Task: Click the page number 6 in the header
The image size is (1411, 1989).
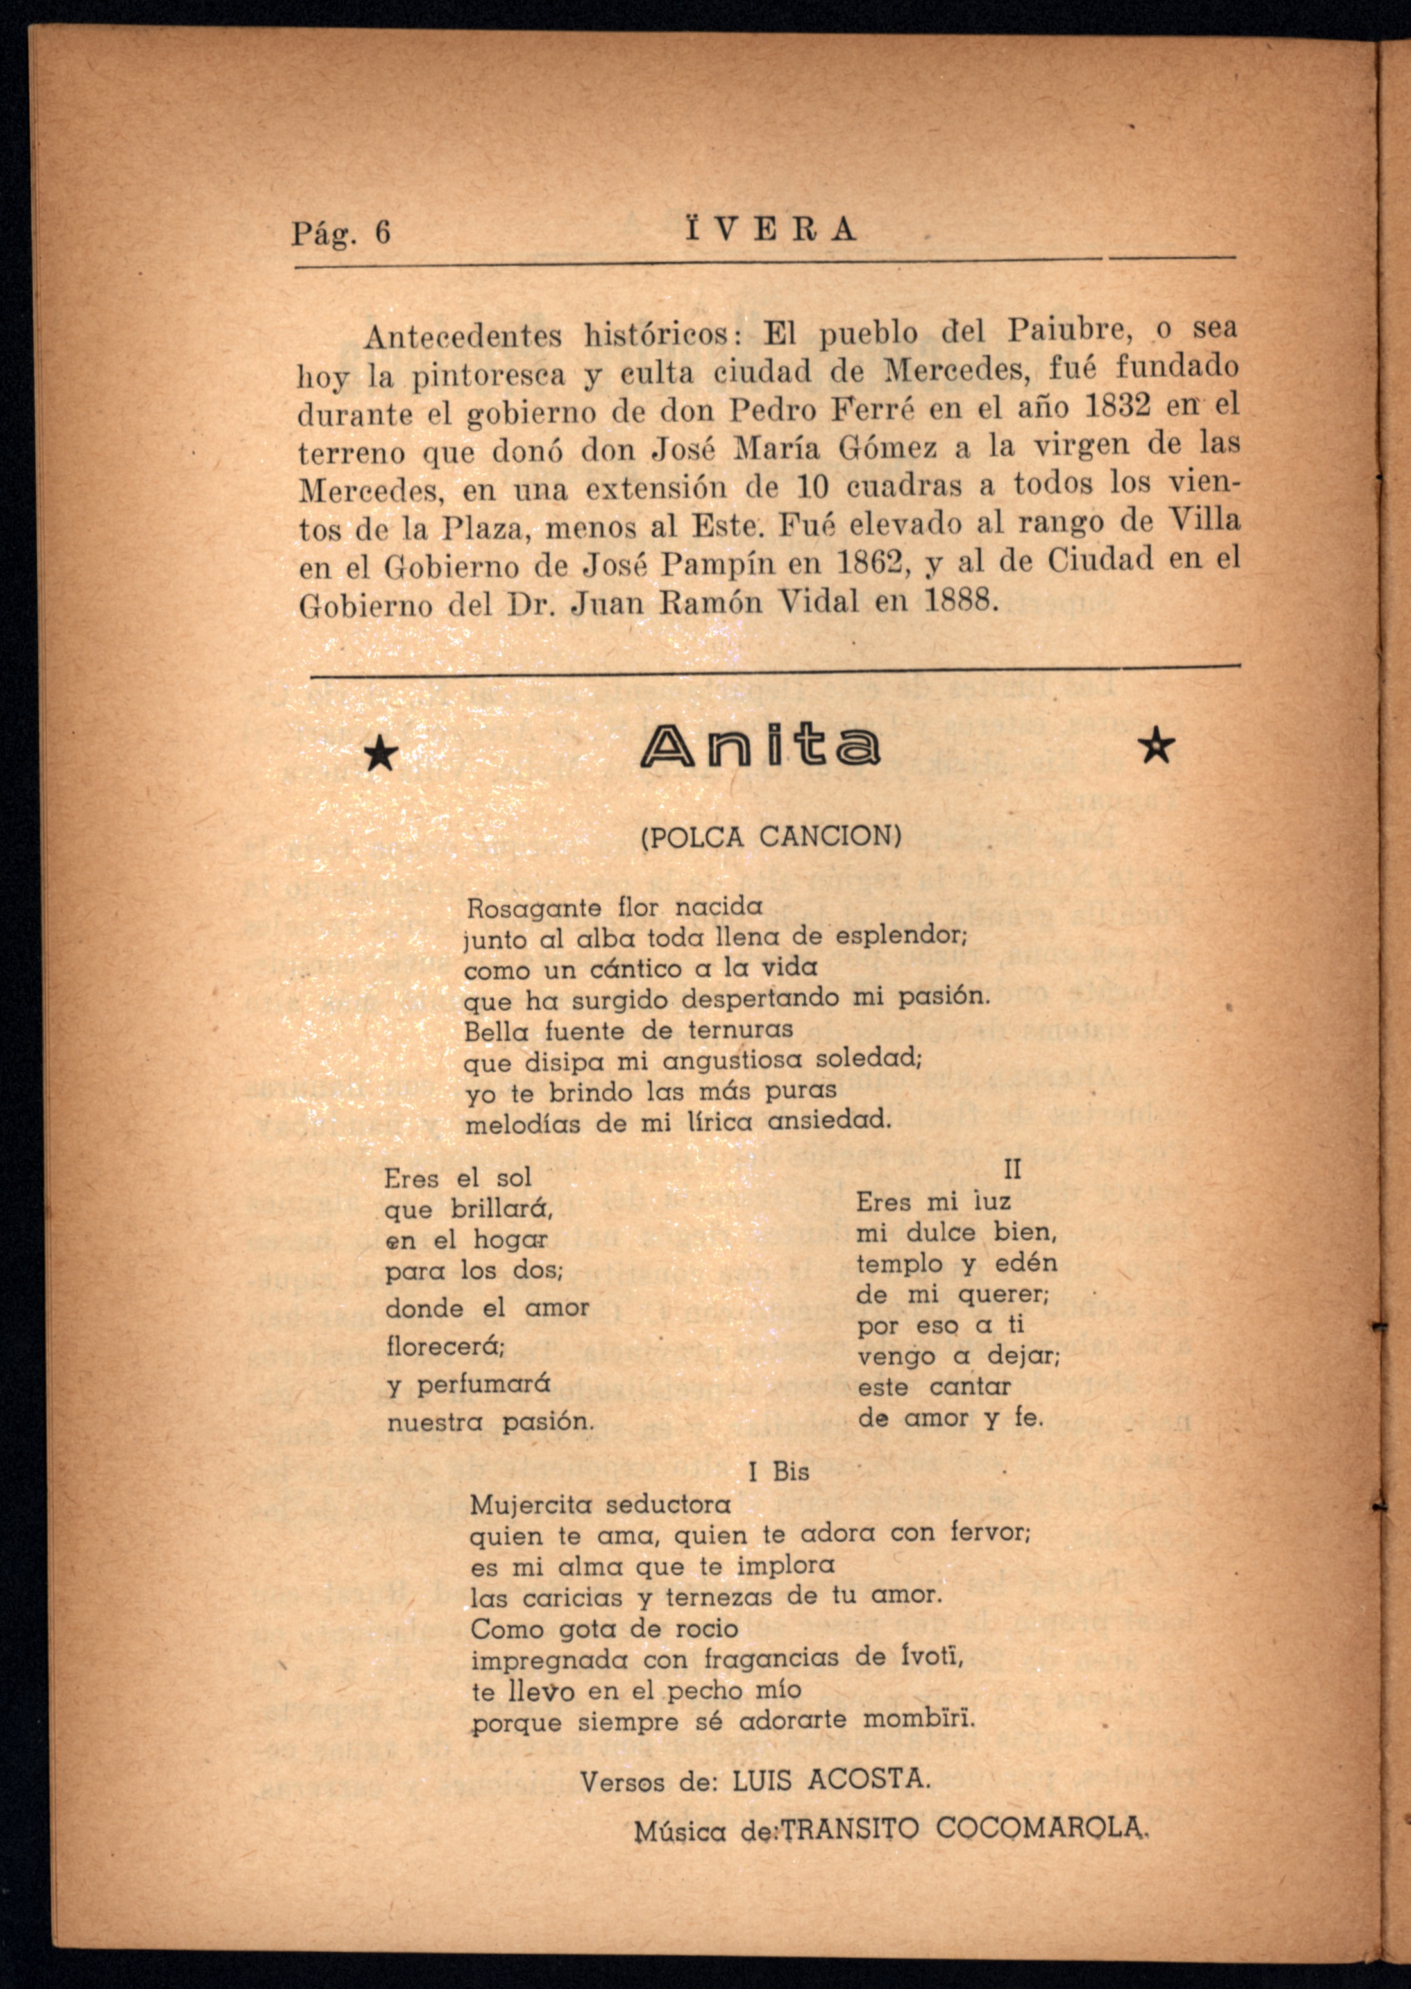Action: [382, 232]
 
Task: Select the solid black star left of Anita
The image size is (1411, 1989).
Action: [380, 755]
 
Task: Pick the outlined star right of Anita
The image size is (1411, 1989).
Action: [1156, 746]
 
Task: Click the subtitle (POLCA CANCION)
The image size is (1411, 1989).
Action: [771, 837]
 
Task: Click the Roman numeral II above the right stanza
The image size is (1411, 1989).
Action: [1012, 1170]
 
